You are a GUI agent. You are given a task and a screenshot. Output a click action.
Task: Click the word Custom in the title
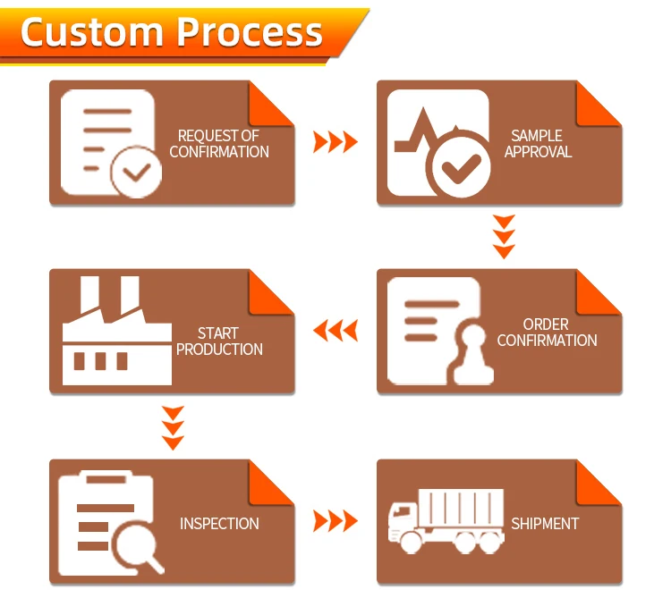[x=93, y=32]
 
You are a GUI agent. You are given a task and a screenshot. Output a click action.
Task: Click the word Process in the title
[x=250, y=32]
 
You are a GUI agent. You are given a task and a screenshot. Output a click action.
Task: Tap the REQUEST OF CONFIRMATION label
[x=219, y=144]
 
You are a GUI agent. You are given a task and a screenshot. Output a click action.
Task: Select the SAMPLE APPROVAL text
[x=538, y=144]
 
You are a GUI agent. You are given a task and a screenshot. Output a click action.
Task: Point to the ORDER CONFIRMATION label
[x=547, y=333]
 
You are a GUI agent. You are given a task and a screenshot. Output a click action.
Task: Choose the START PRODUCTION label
[x=219, y=341]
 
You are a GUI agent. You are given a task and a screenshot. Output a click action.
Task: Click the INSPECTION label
[x=219, y=524]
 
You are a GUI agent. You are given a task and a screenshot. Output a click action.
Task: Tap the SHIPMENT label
[x=545, y=524]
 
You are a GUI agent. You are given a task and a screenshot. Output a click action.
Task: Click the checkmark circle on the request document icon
[x=136, y=172]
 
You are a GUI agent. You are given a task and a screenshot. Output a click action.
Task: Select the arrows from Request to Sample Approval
[x=335, y=141]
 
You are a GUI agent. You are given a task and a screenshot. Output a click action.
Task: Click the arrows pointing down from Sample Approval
[x=505, y=237]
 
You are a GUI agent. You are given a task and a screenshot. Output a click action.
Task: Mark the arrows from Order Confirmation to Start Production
[x=335, y=331]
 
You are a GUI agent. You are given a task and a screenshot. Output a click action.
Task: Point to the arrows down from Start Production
[x=173, y=427]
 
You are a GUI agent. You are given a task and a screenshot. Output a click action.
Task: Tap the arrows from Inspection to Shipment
[x=335, y=521]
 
